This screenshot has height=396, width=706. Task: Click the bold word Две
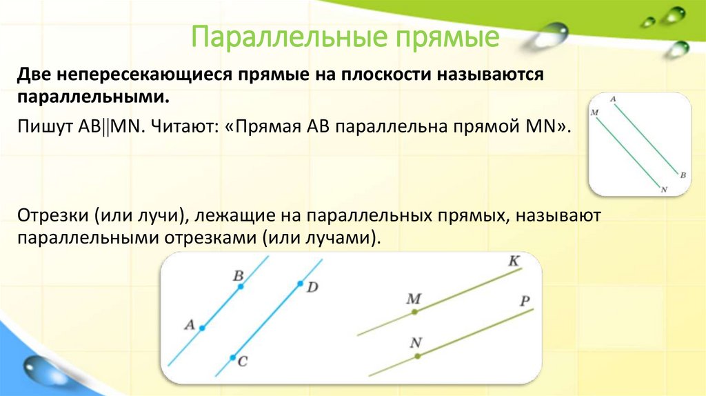35,75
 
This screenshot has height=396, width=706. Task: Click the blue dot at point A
202,328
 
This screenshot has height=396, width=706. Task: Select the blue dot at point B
240,286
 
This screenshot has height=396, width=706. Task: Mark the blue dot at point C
232,357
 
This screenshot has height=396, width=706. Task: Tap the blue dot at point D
300,283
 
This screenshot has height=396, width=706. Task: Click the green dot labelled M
414,312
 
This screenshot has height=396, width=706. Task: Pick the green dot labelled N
417,356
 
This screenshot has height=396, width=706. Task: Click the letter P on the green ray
525,301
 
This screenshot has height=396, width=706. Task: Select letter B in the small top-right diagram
682,175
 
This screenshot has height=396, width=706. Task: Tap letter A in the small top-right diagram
613,99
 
